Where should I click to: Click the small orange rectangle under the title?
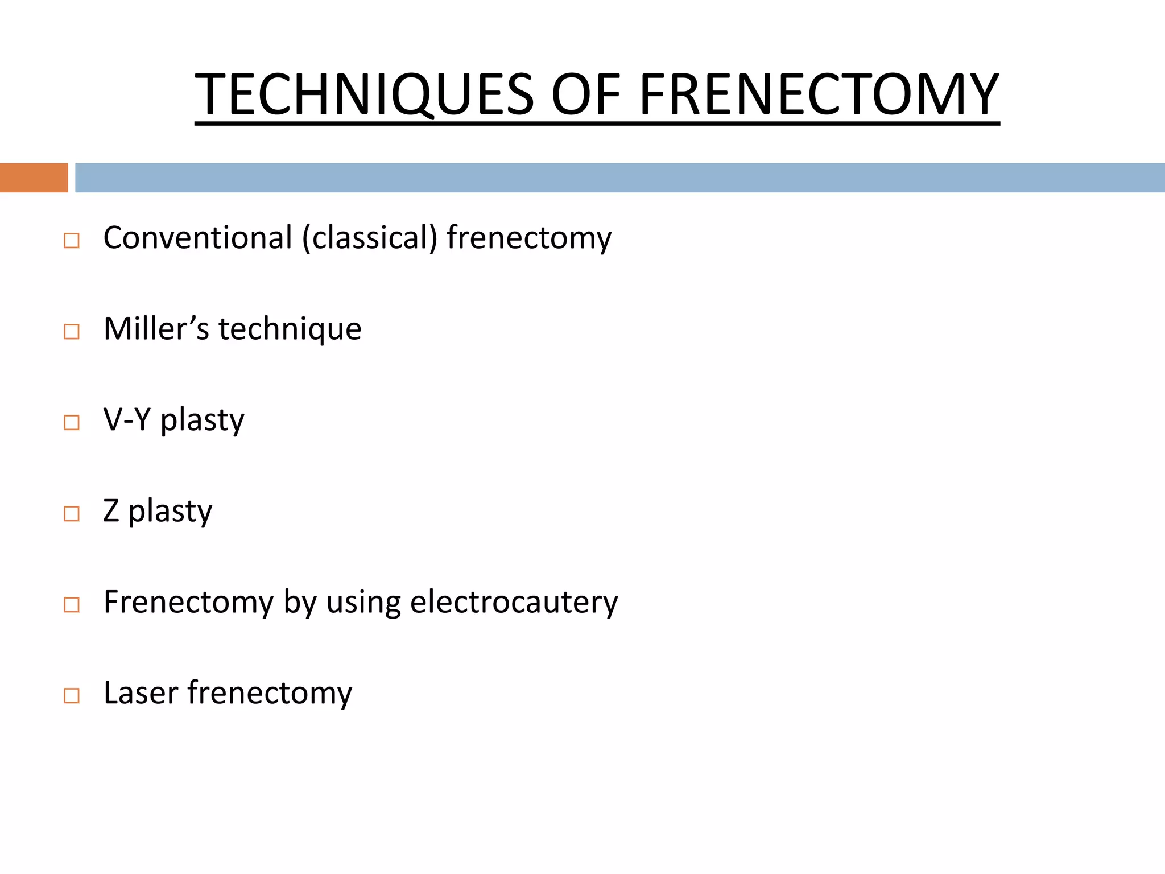[x=34, y=178]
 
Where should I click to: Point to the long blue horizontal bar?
[x=619, y=178]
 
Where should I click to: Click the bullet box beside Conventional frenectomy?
[x=72, y=241]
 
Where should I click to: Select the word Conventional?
[x=197, y=238]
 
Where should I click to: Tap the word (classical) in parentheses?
[x=370, y=238]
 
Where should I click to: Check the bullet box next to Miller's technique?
[x=72, y=332]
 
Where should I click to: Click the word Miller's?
[x=156, y=329]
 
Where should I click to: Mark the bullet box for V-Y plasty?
[x=72, y=423]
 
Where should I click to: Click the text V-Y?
[x=127, y=420]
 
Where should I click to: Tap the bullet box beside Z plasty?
[x=72, y=514]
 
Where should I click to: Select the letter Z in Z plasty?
[x=111, y=511]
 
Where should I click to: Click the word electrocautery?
[x=514, y=602]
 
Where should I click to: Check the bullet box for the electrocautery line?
[x=72, y=605]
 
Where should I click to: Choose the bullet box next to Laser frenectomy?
[x=72, y=696]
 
